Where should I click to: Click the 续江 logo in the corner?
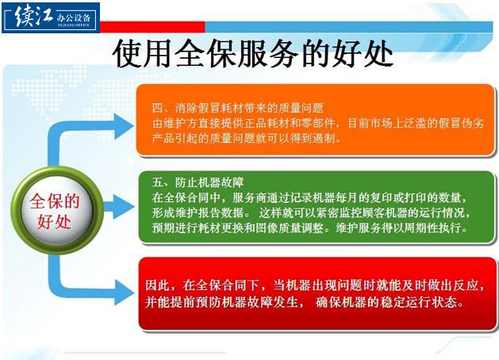click(51, 17)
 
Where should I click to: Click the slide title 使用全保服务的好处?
click(253, 54)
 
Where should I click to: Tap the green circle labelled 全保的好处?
click(56, 211)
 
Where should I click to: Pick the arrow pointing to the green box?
click(118, 207)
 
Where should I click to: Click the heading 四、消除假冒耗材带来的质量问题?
click(237, 108)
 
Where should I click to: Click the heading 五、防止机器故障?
click(198, 182)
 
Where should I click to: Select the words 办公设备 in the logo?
click(74, 17)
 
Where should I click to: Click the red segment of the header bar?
click(152, 27)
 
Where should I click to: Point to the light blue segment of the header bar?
click(348, 27)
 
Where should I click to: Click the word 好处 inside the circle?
click(54, 221)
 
